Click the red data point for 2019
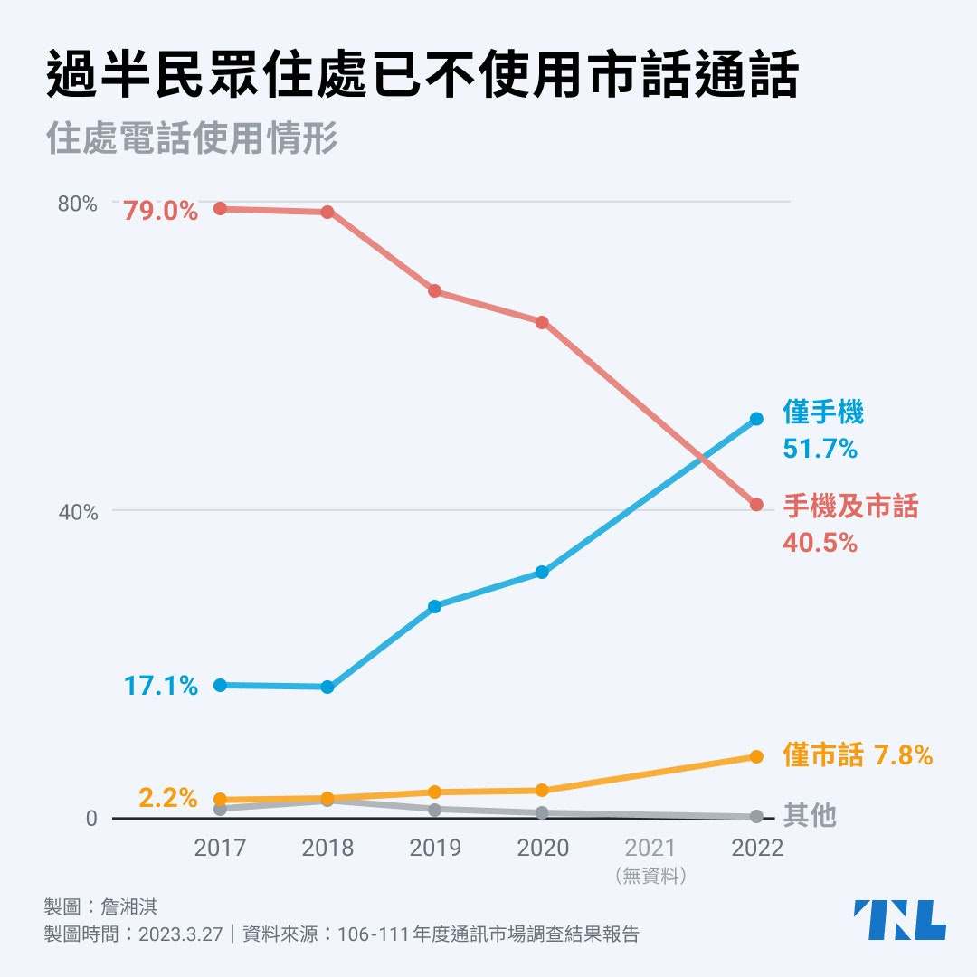click(434, 291)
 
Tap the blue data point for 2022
click(756, 419)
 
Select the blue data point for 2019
click(434, 606)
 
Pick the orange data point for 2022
click(756, 756)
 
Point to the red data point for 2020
click(542, 322)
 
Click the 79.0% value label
click(161, 212)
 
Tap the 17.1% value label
click(161, 686)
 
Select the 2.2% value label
click(168, 798)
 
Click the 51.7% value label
click(820, 448)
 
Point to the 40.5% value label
click(820, 543)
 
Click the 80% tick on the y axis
click(77, 204)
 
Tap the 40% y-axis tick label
click(77, 513)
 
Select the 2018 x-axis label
click(327, 849)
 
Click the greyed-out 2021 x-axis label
click(650, 849)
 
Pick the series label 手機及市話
click(850, 507)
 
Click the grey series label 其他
click(810, 816)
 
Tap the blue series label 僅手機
click(823, 413)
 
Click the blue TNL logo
click(899, 920)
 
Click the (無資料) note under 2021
click(650, 876)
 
